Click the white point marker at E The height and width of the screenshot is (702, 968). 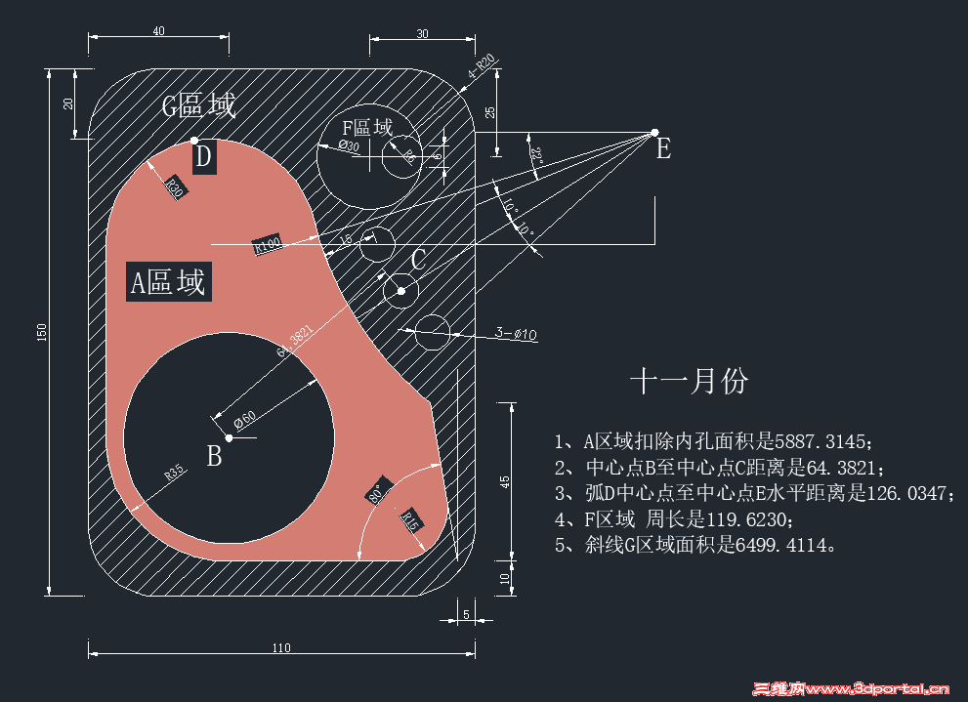click(654, 132)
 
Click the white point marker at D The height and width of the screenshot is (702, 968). click(194, 141)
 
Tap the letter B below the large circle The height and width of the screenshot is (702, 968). click(214, 456)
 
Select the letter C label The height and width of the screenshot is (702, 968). click(418, 260)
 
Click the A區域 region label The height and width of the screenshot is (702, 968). click(168, 282)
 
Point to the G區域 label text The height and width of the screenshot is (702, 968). click(198, 105)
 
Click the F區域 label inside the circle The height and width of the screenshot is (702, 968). click(366, 128)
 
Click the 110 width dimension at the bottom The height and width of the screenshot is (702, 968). click(281, 647)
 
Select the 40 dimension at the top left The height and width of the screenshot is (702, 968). click(158, 30)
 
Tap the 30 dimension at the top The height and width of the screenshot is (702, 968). click(422, 33)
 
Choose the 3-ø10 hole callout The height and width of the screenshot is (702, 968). click(517, 333)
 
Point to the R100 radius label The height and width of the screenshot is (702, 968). click(268, 244)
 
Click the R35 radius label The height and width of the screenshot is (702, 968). click(175, 473)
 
